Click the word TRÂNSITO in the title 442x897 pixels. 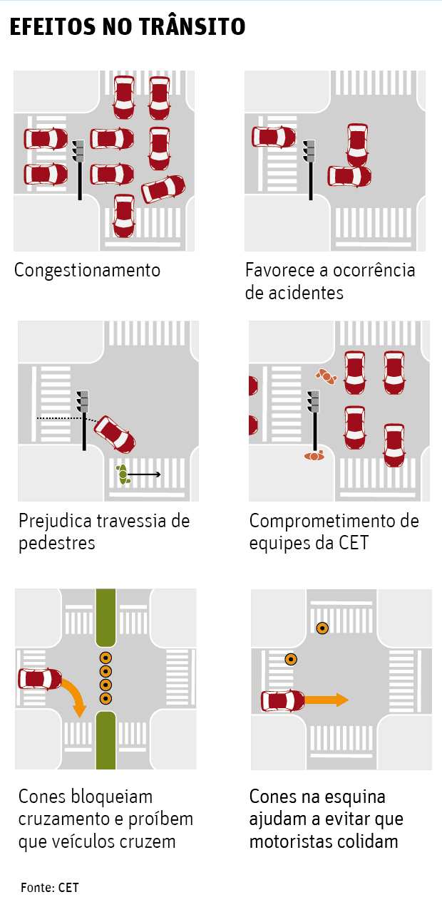click(192, 26)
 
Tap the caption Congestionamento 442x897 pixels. click(88, 271)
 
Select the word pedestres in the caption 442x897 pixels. click(57, 544)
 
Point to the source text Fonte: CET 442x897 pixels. click(50, 887)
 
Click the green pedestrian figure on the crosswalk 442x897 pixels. click(123, 475)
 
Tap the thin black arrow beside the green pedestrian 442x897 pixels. click(145, 475)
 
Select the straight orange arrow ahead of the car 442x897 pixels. click(327, 700)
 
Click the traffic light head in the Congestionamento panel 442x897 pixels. click(78, 151)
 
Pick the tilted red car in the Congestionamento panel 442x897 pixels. click(163, 189)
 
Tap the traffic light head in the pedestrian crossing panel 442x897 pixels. click(83, 401)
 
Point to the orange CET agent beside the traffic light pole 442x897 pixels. click(314, 455)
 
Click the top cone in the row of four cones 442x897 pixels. click(106, 657)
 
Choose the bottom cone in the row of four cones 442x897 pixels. click(106, 698)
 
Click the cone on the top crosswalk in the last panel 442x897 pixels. click(322, 628)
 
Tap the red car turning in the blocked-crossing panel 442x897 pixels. click(40, 679)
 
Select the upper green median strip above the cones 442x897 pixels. click(106, 618)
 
